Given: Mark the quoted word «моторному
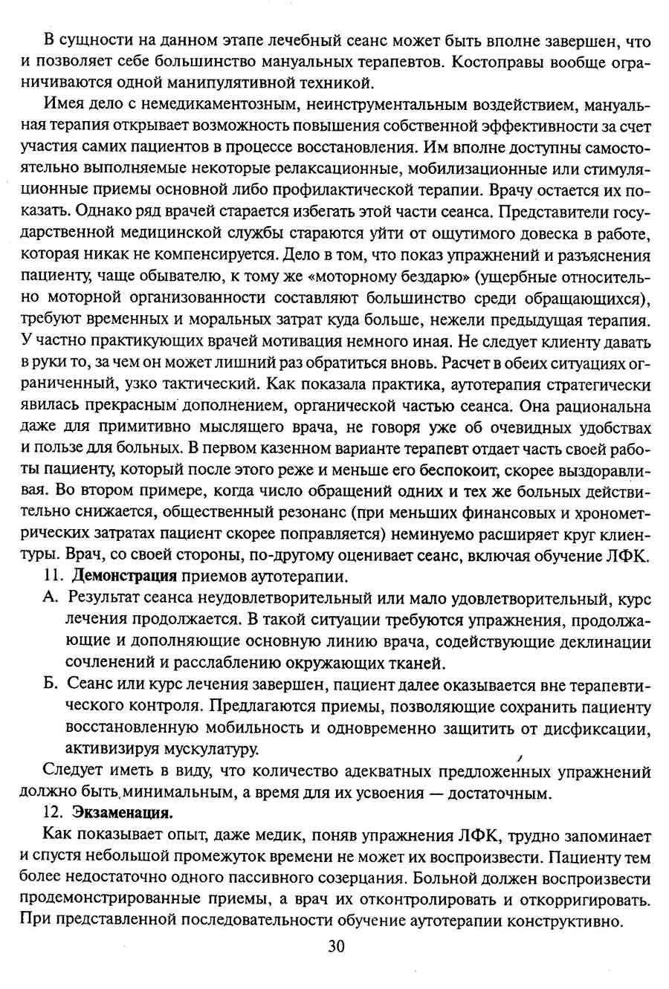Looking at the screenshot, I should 352,278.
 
